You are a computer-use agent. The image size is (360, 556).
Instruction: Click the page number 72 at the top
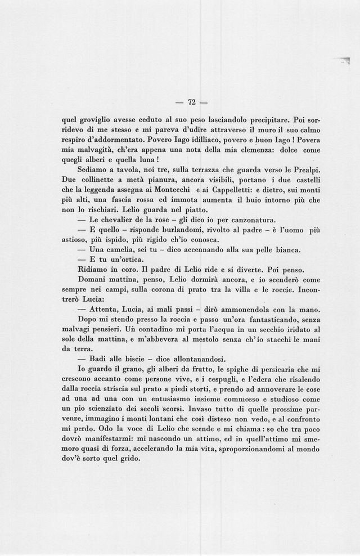pyautogui.click(x=191, y=102)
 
